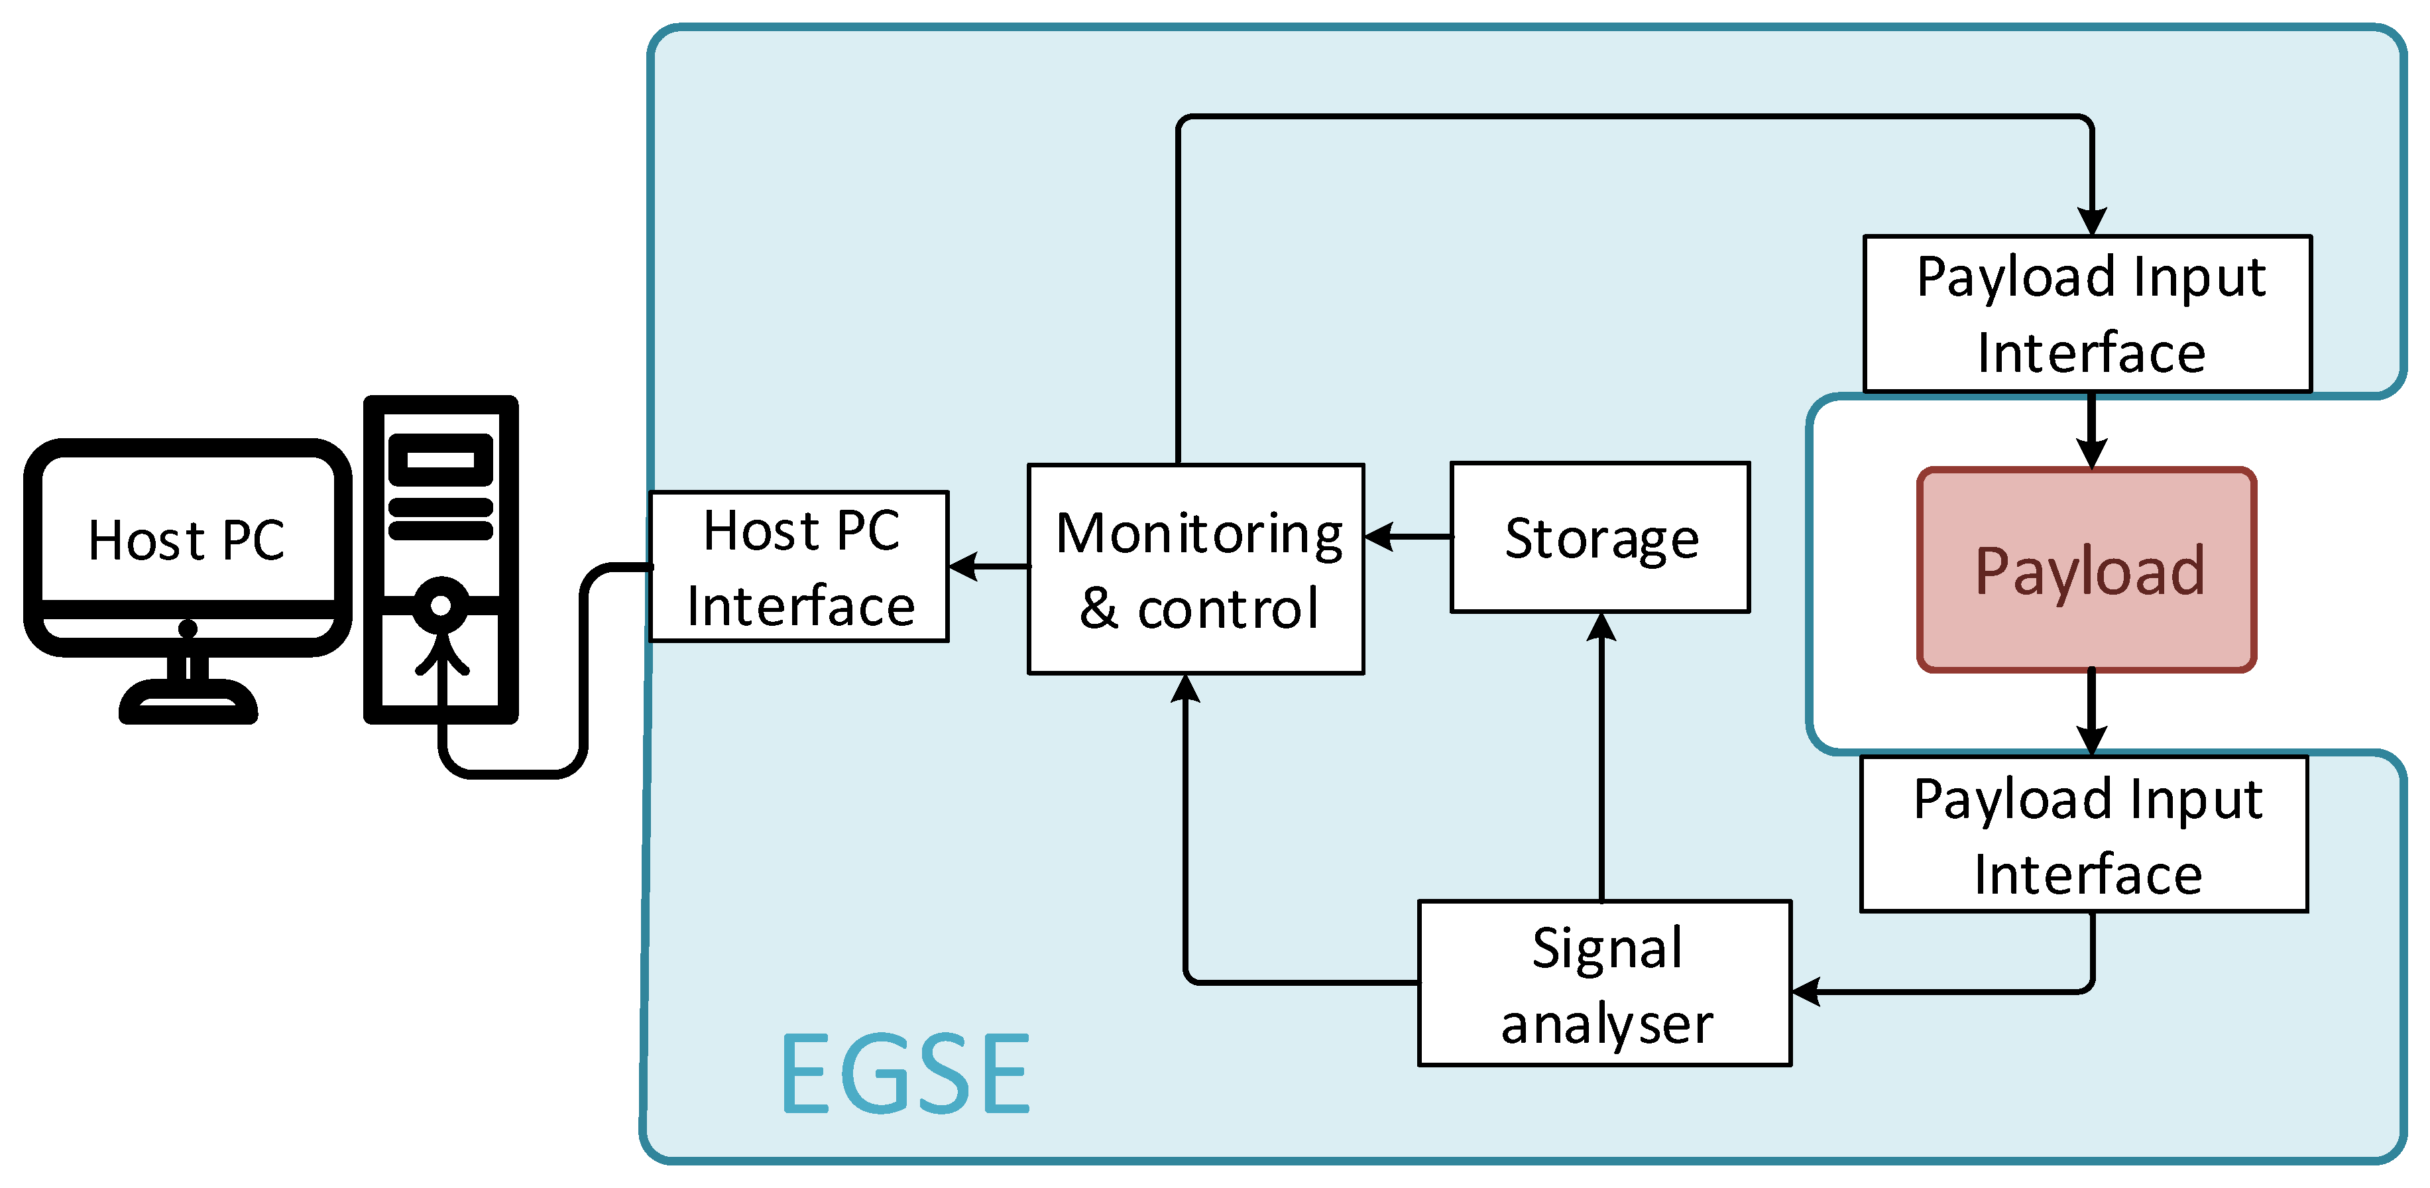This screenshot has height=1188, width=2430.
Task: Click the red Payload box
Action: point(2087,570)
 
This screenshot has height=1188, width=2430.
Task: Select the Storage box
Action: point(1600,538)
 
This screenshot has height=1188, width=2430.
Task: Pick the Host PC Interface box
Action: point(799,567)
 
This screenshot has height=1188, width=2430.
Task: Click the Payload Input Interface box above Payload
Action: point(2087,314)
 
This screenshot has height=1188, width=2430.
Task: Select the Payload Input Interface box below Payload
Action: point(2085,834)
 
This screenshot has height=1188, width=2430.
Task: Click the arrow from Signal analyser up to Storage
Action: point(1601,755)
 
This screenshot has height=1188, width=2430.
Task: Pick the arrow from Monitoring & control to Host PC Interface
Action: point(988,567)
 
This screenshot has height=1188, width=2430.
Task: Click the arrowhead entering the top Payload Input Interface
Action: point(2093,221)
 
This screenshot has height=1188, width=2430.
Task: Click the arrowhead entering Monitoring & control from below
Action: point(1185,689)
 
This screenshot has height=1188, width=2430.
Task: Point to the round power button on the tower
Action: point(441,605)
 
